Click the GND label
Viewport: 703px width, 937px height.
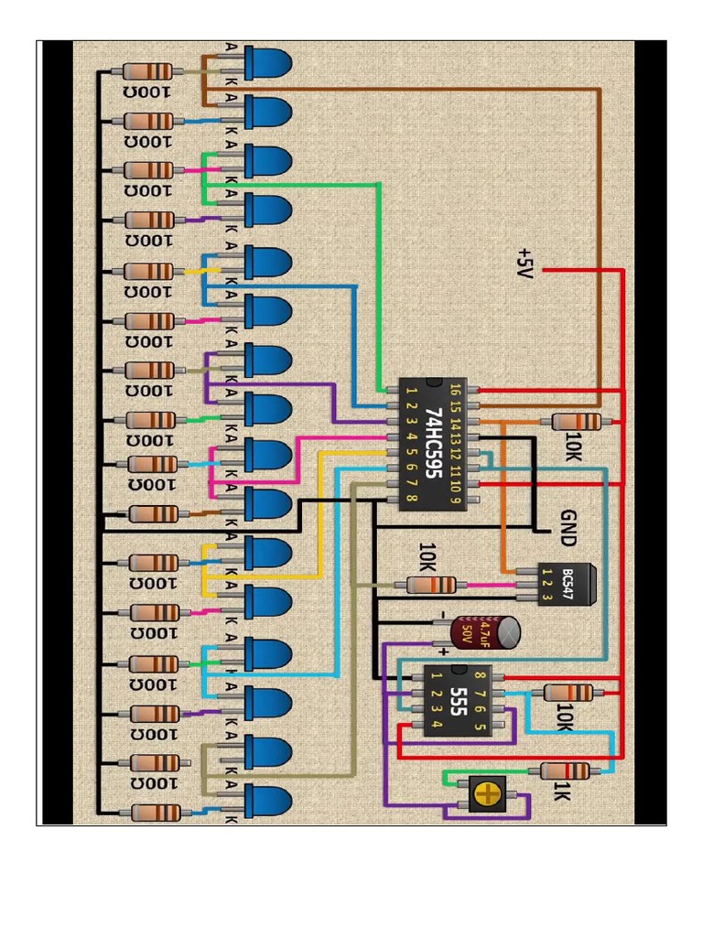click(568, 528)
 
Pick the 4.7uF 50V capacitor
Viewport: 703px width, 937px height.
click(486, 632)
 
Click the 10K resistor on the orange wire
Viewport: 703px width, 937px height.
click(578, 422)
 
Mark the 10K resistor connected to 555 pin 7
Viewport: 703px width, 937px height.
click(568, 693)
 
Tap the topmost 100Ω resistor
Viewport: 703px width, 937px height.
click(146, 71)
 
